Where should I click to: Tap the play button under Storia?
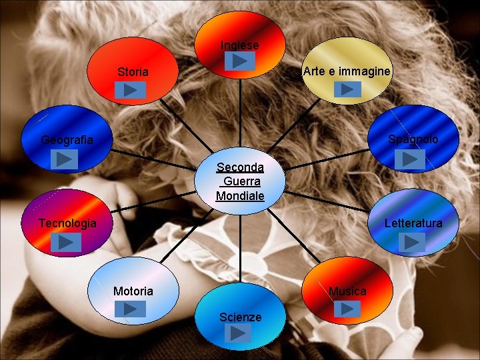[x=133, y=89]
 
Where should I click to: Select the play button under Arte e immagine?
[x=347, y=89]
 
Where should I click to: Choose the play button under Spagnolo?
[x=411, y=159]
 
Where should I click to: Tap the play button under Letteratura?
[x=411, y=242]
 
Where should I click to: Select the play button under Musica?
[x=347, y=309]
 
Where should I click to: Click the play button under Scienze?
[x=239, y=333]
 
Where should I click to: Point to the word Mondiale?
[x=240, y=196]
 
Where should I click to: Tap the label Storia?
[x=133, y=72]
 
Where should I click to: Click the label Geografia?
[x=67, y=140]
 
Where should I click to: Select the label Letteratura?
[x=413, y=223]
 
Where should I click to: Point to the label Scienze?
[x=240, y=317]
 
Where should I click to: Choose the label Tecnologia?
[x=67, y=223]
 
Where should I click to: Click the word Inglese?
[x=240, y=45]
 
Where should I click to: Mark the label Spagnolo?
[x=413, y=139]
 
